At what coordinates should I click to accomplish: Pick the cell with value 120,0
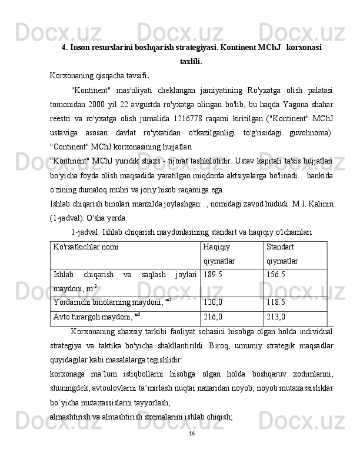point(213,302)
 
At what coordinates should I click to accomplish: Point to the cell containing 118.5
point(276,302)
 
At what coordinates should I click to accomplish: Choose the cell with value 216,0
point(213,317)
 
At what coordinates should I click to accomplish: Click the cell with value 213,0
point(276,317)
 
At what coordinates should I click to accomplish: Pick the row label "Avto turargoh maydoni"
point(94,317)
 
